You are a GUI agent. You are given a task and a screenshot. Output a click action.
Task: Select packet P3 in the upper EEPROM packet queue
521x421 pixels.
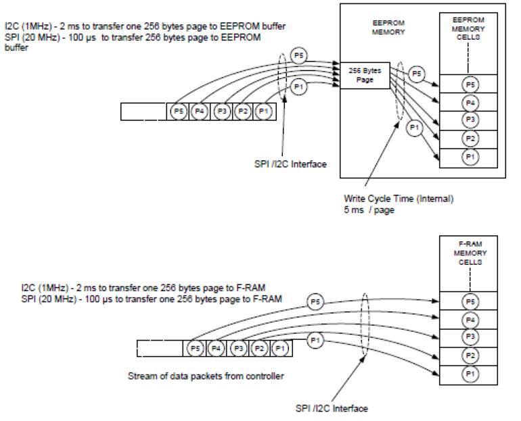coord(221,112)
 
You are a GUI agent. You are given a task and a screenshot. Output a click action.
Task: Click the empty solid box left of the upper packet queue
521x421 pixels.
coord(143,112)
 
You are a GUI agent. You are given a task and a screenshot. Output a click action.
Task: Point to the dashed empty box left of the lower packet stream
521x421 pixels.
coord(160,348)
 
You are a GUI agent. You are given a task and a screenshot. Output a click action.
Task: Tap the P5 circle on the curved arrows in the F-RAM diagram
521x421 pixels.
coord(314,301)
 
